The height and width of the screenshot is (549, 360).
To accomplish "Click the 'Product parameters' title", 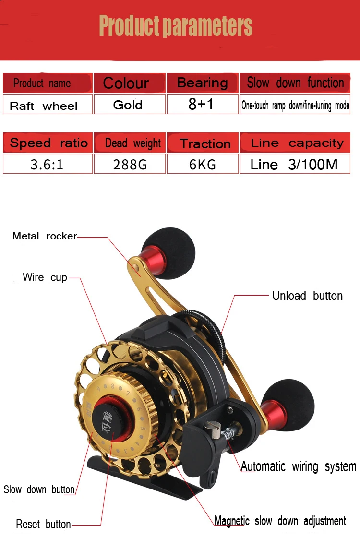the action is coord(176,26).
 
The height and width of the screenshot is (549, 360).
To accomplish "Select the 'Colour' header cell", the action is coord(126,83).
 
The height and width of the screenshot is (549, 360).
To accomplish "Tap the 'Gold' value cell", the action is coord(128,105).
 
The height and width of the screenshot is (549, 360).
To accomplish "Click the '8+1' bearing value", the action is coord(201,105).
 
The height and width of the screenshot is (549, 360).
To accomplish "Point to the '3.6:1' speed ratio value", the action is coord(47,165).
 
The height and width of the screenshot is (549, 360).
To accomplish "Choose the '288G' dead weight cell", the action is coord(130,165).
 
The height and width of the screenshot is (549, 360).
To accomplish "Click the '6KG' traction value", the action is coord(203,165).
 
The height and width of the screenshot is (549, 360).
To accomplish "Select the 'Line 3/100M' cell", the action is coord(294,165).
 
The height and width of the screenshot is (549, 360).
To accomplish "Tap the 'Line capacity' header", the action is coord(297,143).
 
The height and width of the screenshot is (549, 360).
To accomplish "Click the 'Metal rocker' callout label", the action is coord(45,236).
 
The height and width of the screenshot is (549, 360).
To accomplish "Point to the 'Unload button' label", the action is coord(307,296).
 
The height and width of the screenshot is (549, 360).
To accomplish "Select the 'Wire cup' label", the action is coord(45,277).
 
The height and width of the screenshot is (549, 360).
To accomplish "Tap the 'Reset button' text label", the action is coord(43,524).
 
